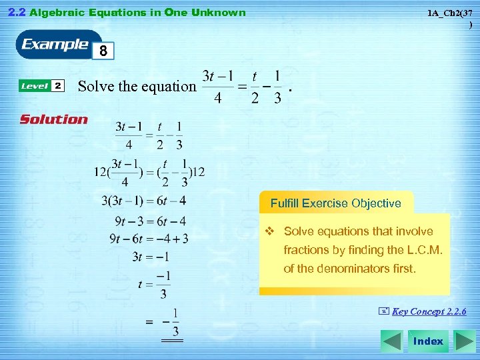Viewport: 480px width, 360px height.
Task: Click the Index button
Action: point(427,341)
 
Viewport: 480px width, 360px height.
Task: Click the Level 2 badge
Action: point(42,86)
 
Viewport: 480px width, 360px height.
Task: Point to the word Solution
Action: point(54,120)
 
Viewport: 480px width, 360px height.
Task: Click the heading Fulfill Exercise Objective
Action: point(335,203)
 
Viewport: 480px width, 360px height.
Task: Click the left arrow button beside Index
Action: point(392,341)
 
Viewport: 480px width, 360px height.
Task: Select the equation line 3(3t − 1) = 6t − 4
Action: point(143,201)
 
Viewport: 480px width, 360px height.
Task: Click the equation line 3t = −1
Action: point(151,257)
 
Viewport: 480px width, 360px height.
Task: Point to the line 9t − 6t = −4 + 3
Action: point(149,239)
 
